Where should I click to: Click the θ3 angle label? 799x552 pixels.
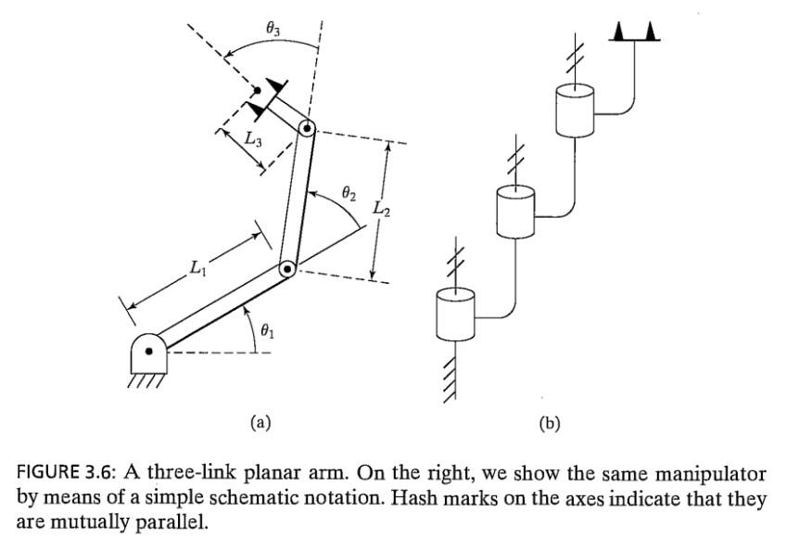click(273, 30)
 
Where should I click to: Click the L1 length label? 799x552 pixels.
click(197, 268)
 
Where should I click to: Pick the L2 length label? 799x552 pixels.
click(380, 211)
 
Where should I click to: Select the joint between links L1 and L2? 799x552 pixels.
click(287, 269)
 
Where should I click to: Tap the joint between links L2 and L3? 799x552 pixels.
click(307, 130)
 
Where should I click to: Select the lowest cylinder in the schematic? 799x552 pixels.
click(455, 313)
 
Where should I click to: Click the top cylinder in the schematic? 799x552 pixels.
click(574, 109)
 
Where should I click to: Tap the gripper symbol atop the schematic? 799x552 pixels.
click(635, 32)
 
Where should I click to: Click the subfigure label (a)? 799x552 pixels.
click(260, 423)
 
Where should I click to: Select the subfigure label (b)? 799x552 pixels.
click(550, 423)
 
